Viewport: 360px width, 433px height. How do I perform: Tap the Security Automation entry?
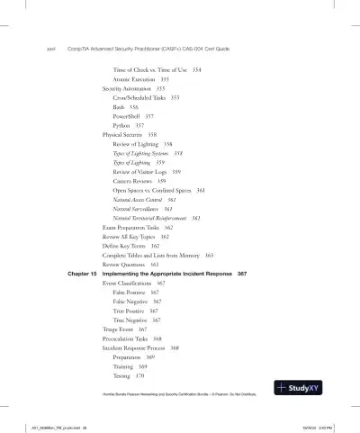[x=128, y=89]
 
